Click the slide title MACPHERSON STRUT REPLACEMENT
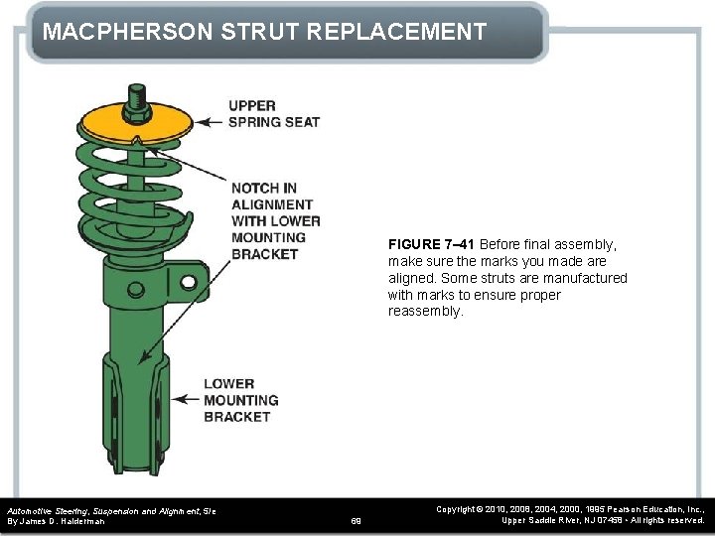264,32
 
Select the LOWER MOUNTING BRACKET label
240,400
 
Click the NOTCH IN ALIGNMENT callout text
275,220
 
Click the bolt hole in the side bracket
188,284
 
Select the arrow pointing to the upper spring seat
210,122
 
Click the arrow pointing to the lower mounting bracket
186,399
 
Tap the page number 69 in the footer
357,520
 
